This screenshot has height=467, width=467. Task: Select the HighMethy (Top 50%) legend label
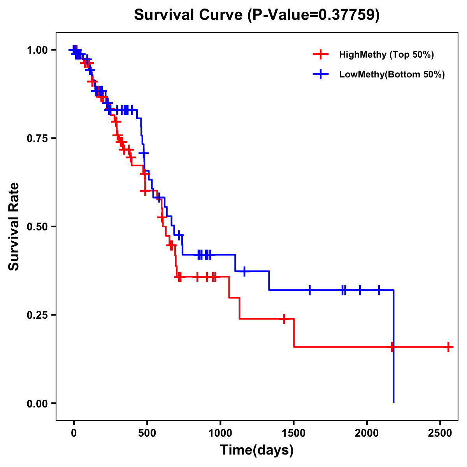click(x=386, y=54)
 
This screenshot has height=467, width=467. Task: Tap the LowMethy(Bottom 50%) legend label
click(x=392, y=74)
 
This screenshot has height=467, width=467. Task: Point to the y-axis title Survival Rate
click(x=14, y=226)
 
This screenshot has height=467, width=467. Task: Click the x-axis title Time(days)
click(x=257, y=450)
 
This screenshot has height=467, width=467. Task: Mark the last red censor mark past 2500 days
click(x=448, y=346)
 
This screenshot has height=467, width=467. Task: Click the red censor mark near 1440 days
click(x=284, y=318)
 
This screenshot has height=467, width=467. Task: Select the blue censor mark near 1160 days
click(x=244, y=271)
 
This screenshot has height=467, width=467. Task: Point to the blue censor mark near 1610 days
click(x=310, y=290)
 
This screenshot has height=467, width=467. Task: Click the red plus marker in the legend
click(x=320, y=54)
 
